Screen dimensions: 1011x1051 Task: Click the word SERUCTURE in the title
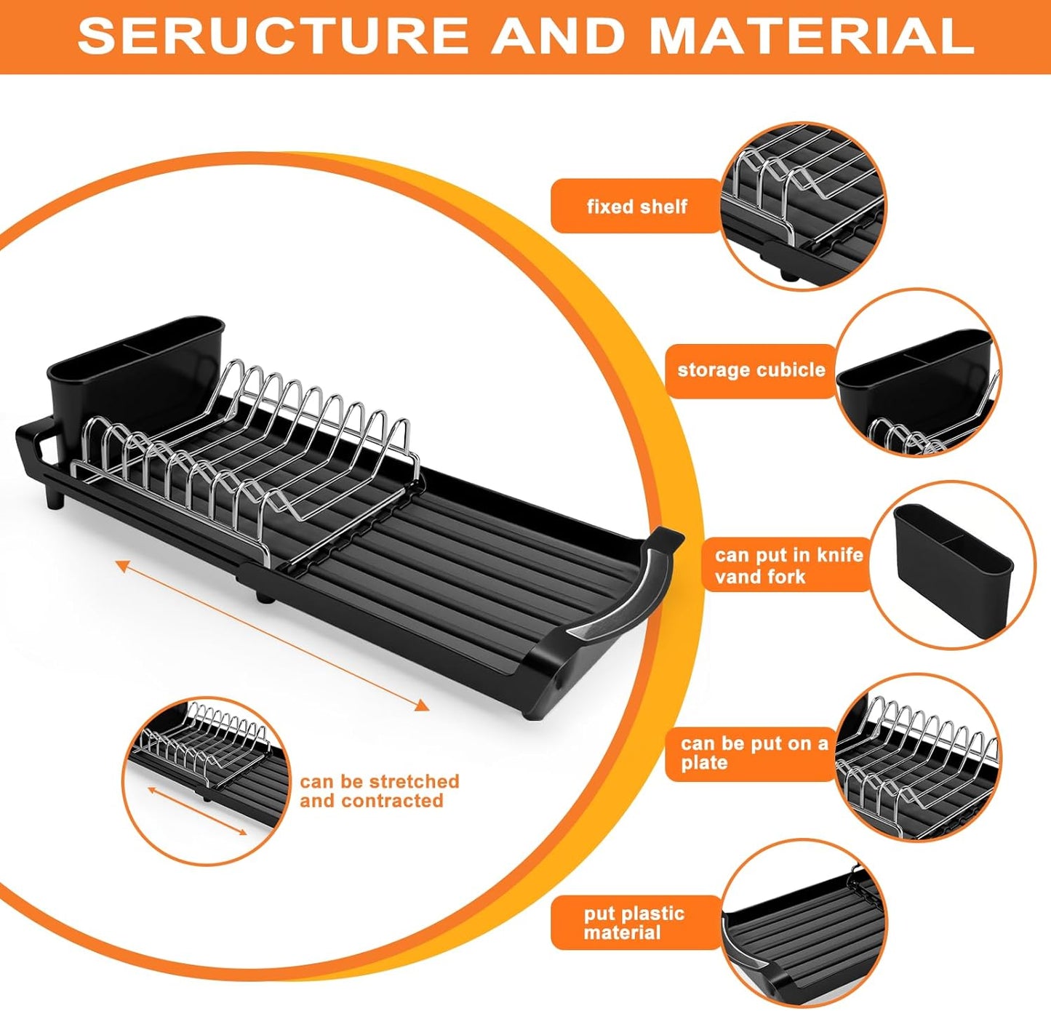[x=272, y=35]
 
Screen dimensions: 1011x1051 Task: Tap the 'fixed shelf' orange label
[x=636, y=207]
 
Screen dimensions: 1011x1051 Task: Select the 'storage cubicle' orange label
[x=751, y=370]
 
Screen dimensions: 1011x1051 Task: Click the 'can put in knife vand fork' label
[x=787, y=566]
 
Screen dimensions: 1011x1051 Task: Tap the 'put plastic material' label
[x=634, y=923]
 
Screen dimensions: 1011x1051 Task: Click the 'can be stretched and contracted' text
[x=379, y=791]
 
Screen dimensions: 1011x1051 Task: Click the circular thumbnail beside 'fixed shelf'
[x=803, y=206]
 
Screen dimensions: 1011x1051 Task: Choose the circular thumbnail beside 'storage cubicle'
[x=918, y=372]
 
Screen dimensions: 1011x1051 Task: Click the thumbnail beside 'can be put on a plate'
[x=918, y=756]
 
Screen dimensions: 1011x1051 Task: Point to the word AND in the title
[x=559, y=35]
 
